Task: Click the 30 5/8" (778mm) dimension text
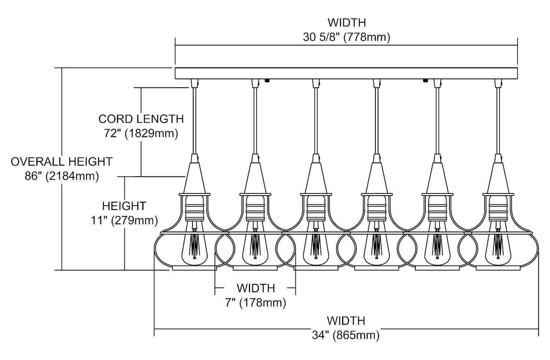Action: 346,37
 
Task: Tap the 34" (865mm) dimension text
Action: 346,335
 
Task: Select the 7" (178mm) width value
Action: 256,303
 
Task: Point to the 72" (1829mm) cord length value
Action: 141,134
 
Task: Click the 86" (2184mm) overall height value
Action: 62,176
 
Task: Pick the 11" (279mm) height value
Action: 124,220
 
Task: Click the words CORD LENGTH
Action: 141,119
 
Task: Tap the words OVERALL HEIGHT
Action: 62,161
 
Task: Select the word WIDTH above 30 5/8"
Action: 346,23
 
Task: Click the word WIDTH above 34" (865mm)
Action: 346,321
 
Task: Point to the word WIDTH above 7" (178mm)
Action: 256,288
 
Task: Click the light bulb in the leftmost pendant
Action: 194,246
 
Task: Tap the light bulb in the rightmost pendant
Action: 498,246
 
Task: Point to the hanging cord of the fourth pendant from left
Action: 376,121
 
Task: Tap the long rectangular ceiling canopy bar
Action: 346,73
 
